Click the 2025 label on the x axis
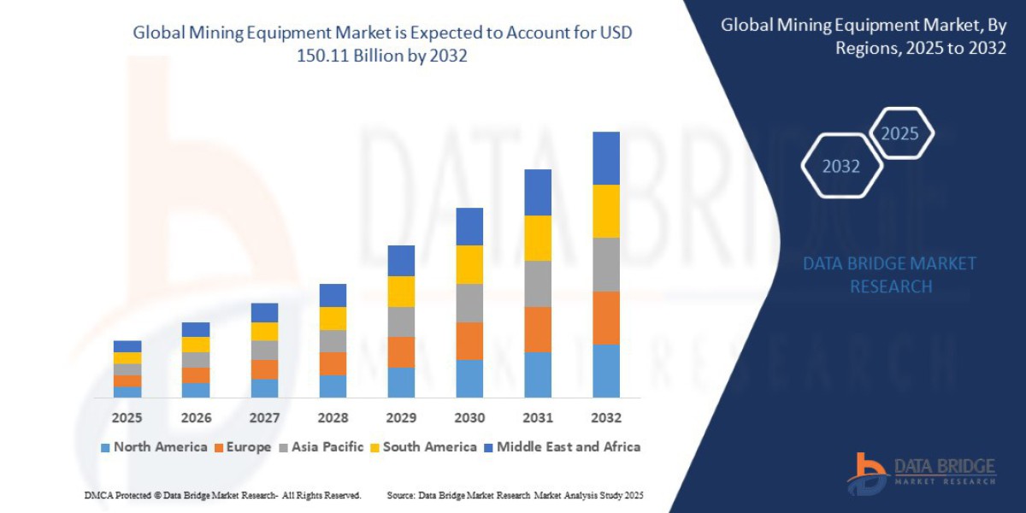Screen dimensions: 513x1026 (x=127, y=418)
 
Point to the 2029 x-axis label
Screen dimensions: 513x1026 (x=401, y=418)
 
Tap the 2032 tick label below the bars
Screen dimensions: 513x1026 (x=605, y=418)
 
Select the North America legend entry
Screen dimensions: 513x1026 (x=154, y=447)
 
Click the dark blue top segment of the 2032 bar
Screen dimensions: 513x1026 (x=605, y=158)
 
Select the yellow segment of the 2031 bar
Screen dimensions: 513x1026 (x=538, y=238)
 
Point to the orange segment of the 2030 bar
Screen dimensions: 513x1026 (x=469, y=340)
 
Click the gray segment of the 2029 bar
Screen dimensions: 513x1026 (x=401, y=321)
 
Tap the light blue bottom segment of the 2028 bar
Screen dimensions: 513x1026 (x=333, y=386)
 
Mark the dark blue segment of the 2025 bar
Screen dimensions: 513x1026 (x=127, y=346)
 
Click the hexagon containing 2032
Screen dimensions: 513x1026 (x=840, y=166)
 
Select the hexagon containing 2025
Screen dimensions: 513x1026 (x=899, y=133)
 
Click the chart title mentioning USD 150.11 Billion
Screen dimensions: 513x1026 (x=383, y=44)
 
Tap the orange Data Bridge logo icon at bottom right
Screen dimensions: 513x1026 (x=867, y=473)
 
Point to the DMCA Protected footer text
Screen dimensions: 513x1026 (x=222, y=495)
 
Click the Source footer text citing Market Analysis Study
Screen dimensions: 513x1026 (x=515, y=495)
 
